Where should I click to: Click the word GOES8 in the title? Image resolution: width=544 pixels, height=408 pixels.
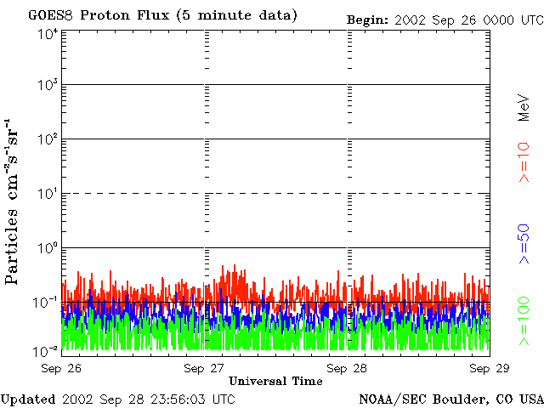[51, 15]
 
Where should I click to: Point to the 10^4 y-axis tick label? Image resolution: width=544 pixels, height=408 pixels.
[48, 34]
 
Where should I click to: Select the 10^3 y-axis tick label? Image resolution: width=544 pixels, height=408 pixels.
[48, 85]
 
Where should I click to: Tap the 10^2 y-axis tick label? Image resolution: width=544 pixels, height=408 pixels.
[48, 139]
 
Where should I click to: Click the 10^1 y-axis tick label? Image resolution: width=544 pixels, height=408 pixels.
[48, 194]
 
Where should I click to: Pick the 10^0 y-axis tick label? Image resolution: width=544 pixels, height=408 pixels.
[48, 248]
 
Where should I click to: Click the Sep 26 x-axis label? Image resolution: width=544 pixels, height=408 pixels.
[61, 368]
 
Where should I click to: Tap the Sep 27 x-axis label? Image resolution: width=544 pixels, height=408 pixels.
[204, 368]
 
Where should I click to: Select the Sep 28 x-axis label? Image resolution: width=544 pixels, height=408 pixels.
[347, 368]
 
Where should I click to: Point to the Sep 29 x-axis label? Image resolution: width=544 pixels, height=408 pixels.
[490, 368]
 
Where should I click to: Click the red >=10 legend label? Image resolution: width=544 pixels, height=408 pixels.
[524, 162]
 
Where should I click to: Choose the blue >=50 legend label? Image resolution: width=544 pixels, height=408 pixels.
[524, 244]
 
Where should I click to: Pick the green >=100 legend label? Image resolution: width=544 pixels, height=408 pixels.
[524, 321]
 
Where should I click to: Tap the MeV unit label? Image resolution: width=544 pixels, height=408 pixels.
[524, 108]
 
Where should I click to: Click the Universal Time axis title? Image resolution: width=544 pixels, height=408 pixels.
[275, 382]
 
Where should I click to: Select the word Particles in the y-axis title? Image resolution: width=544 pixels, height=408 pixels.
[11, 247]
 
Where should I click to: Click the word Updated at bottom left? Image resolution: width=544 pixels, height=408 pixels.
[28, 399]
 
